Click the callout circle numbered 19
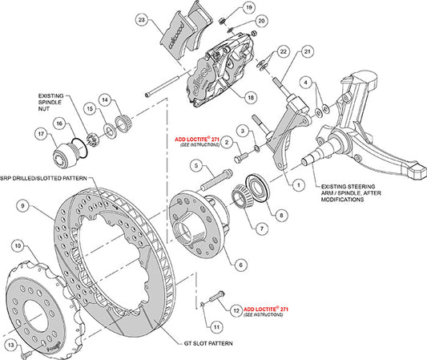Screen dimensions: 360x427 [249, 9]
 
